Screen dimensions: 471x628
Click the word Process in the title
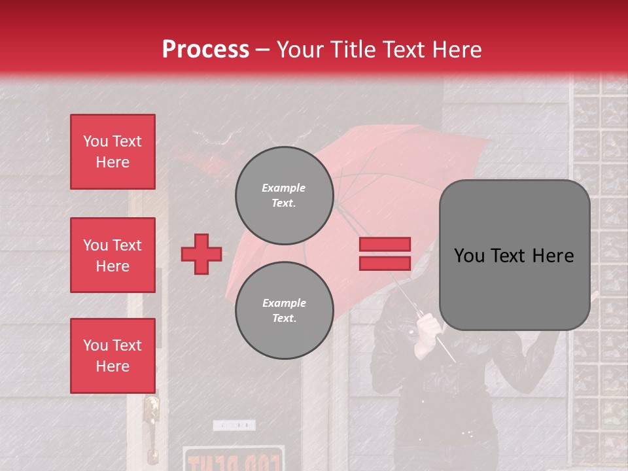205,49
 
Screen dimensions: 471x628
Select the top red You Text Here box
113,152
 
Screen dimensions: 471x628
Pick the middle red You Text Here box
113,255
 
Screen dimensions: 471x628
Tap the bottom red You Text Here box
113,355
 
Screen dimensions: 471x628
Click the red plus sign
201,254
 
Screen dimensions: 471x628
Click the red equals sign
385,254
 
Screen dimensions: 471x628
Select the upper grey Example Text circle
284,195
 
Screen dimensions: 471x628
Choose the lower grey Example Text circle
284,310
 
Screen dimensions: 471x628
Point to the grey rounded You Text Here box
514,255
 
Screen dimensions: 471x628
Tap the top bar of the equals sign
385,244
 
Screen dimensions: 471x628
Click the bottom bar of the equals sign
385,263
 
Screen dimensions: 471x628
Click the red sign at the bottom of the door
233,459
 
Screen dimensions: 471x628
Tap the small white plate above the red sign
234,425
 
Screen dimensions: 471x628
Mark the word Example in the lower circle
284,303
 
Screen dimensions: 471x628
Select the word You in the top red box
96,141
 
